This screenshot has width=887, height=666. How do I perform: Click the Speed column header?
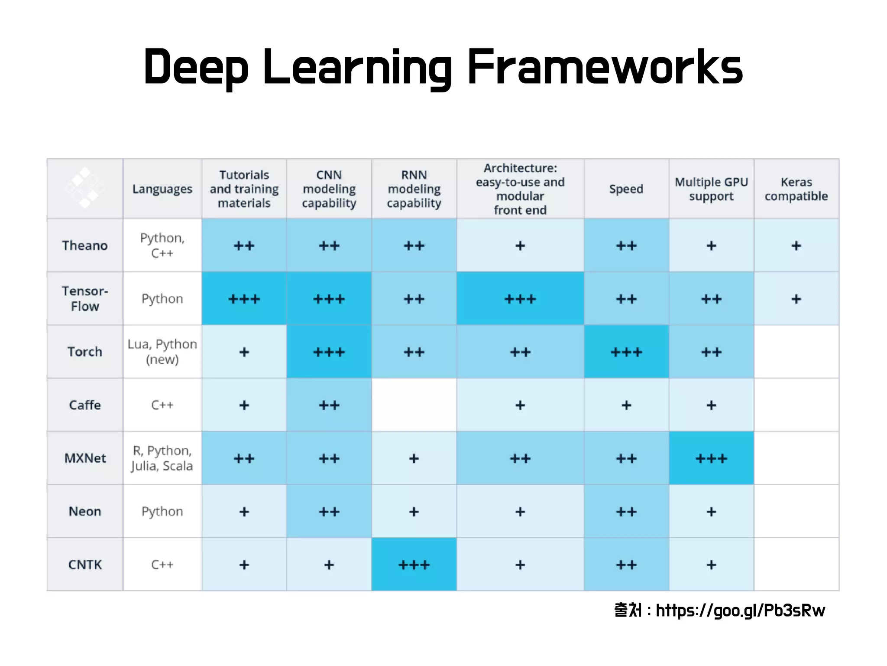click(626, 189)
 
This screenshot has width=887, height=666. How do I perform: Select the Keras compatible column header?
click(796, 189)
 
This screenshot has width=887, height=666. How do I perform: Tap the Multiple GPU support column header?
click(711, 189)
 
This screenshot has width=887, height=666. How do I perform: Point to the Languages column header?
click(162, 189)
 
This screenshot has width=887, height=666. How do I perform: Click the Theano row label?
click(85, 245)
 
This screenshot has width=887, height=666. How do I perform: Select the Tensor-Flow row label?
click(85, 299)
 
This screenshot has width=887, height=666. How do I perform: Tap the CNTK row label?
click(85, 565)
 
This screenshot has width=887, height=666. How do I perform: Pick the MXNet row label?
click(85, 458)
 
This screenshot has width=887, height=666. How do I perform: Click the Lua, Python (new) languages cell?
click(162, 352)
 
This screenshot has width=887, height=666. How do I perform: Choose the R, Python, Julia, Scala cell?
click(162, 458)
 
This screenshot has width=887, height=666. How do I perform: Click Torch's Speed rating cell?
click(626, 352)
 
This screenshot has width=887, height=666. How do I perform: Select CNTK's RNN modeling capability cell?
click(414, 565)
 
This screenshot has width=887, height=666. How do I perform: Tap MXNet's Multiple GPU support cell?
click(711, 458)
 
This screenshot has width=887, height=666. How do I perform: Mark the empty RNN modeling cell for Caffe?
click(414, 405)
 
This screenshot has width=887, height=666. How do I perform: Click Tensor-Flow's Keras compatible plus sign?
click(796, 299)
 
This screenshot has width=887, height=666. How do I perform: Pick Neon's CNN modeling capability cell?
click(329, 512)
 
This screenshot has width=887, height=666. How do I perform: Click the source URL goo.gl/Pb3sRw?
click(740, 610)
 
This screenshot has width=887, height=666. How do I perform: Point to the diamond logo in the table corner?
click(85, 188)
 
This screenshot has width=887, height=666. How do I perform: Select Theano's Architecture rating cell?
click(520, 245)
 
